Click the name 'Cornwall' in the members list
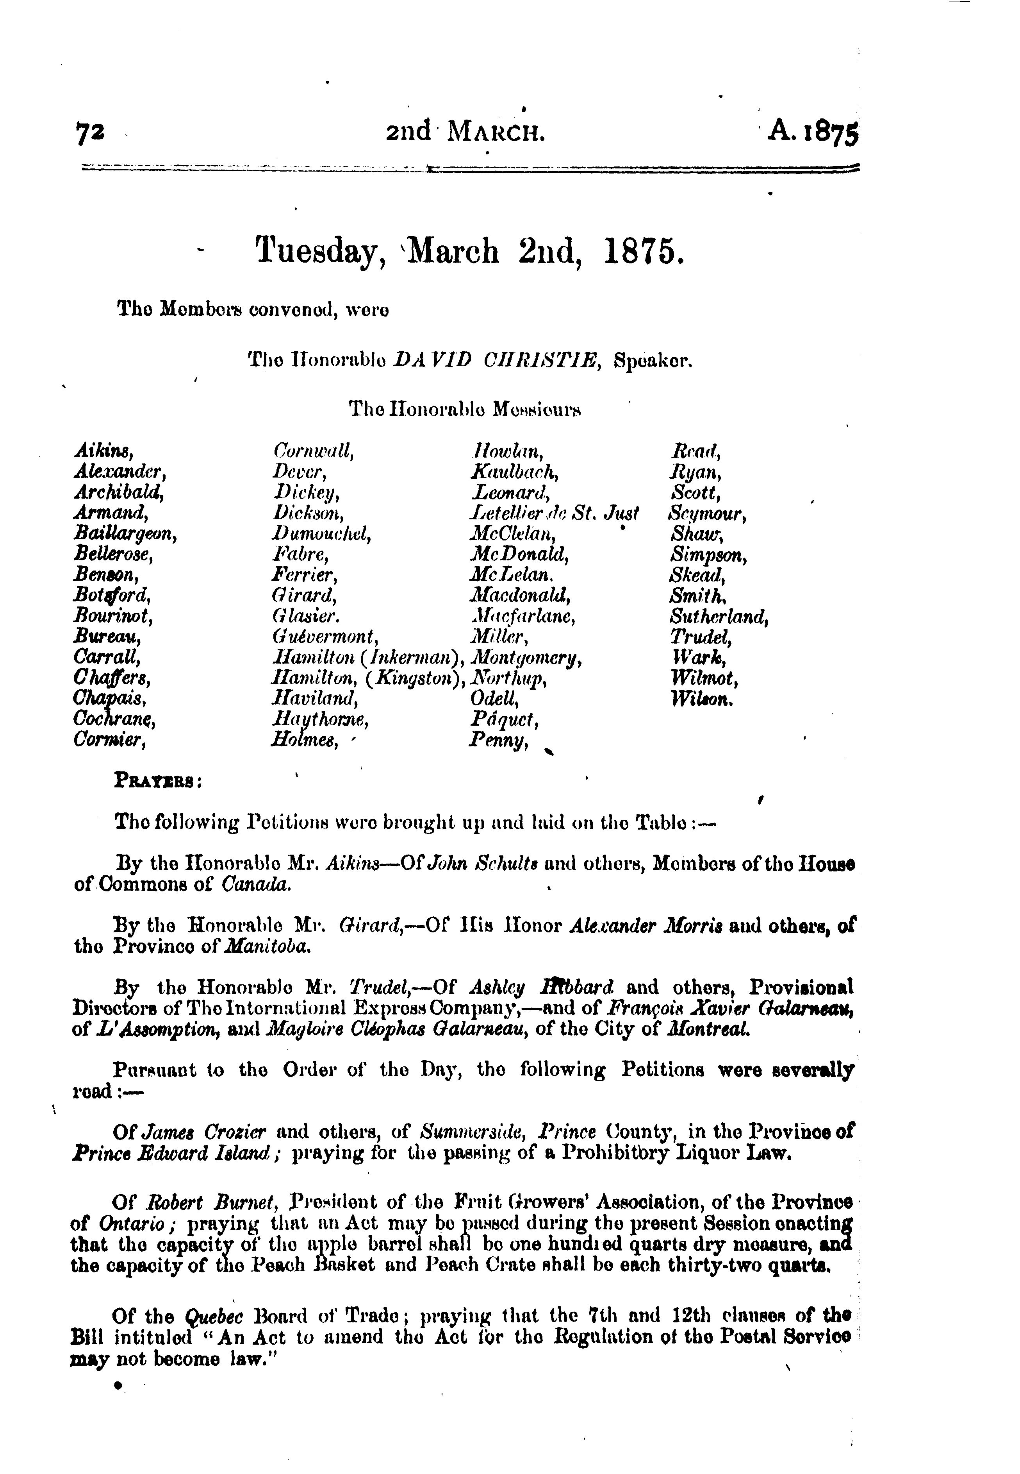pyautogui.click(x=312, y=451)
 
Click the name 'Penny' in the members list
pyautogui.click(x=499, y=741)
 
